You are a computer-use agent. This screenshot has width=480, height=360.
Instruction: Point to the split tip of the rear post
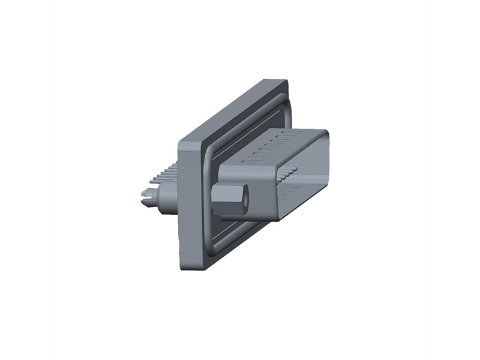point(146,193)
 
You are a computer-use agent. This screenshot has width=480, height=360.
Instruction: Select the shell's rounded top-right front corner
point(324,135)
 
